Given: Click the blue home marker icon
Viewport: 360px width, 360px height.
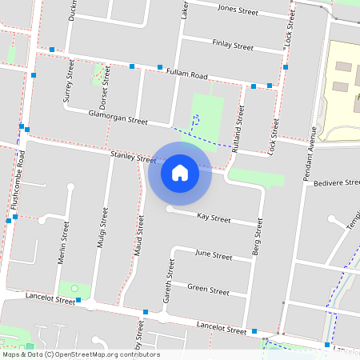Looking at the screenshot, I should (180, 173).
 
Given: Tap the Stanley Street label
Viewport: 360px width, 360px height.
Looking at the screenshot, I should (134, 158).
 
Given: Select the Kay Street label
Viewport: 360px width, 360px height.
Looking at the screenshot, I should (214, 217).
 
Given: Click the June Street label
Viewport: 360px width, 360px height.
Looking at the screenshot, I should (214, 257).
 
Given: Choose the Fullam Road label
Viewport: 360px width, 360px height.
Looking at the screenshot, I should (187, 74).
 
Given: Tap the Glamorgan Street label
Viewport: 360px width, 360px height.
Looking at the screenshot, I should (118, 119).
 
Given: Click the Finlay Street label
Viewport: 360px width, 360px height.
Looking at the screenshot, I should (233, 45).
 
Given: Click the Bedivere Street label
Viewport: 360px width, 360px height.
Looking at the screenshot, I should (338, 183).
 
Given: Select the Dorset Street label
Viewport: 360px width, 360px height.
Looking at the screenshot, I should (103, 94).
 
